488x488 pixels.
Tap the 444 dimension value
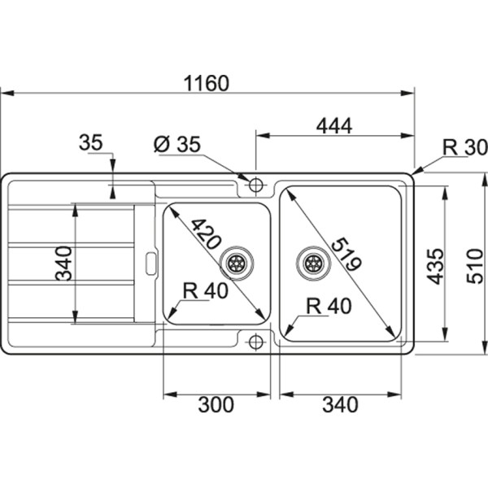point(333,126)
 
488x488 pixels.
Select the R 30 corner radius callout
point(464,147)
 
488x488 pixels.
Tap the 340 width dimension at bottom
point(340,404)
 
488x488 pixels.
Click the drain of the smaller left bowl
point(237,262)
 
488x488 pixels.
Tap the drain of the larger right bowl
point(312,262)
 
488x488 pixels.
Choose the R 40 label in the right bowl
point(329,305)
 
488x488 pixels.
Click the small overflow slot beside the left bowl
point(150,263)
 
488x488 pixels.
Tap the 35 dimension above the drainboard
point(91,143)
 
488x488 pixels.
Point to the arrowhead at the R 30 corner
point(417,172)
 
